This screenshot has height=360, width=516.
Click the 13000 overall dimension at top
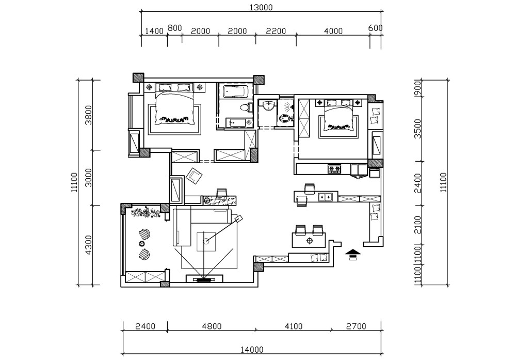[261, 7]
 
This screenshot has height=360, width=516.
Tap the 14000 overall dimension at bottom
[252, 350]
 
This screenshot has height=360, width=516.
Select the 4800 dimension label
[212, 326]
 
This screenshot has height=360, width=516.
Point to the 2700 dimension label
[356, 326]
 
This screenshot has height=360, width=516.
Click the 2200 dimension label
[276, 31]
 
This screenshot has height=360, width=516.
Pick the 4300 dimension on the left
[89, 245]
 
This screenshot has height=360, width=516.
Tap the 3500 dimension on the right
[417, 129]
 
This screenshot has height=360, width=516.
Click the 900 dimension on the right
[417, 88]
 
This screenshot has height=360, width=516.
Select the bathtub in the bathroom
[235, 91]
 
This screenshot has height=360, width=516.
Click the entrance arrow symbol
[353, 254]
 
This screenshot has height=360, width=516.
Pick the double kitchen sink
[325, 197]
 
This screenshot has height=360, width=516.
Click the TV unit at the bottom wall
[204, 279]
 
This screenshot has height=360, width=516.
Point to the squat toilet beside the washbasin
[285, 118]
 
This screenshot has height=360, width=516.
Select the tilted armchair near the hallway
[195, 176]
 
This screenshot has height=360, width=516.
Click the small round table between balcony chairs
[141, 244]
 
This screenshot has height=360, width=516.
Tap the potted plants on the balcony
[146, 212]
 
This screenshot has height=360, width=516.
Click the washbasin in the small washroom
[268, 106]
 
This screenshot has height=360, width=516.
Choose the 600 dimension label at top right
[375, 28]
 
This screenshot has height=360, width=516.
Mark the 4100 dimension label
[293, 326]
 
